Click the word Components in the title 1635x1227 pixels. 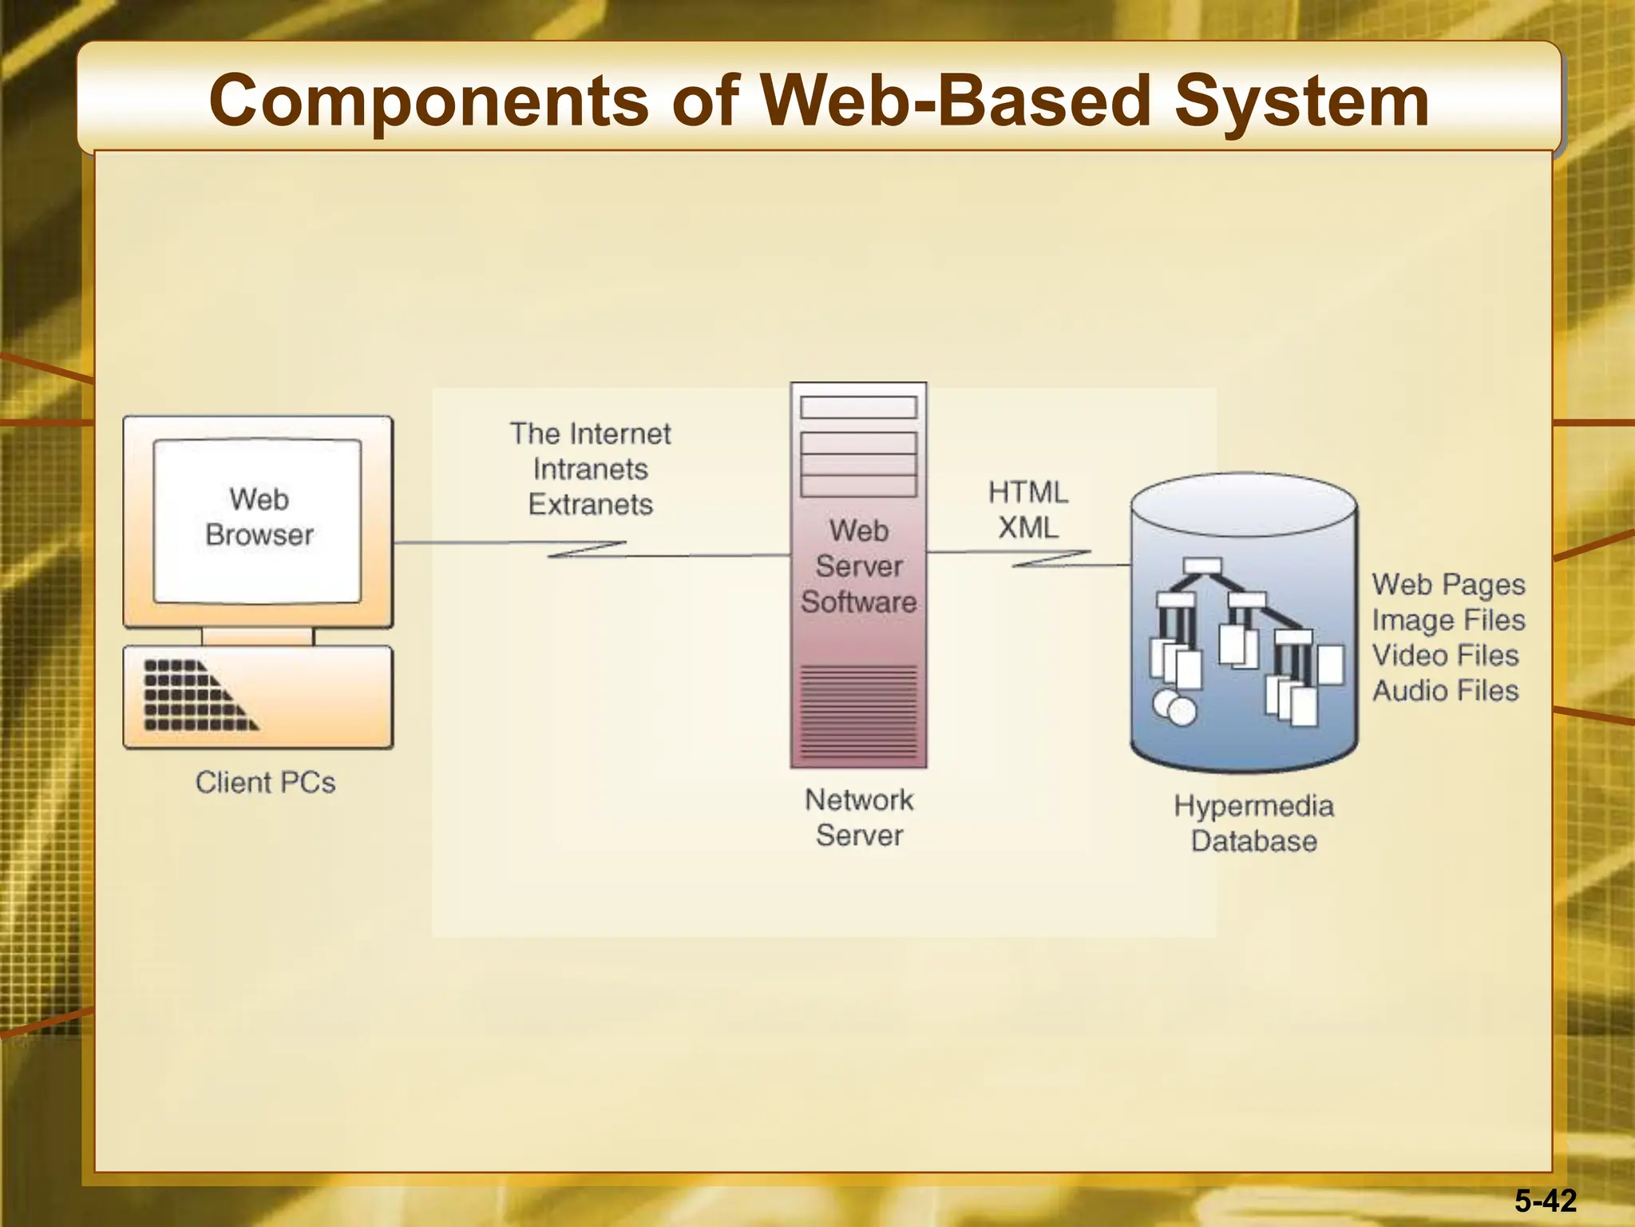[x=429, y=102]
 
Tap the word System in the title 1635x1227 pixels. [x=1301, y=102]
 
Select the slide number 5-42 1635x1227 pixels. [x=1546, y=1201]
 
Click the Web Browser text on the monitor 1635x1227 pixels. [x=259, y=517]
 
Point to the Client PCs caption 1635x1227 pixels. [x=265, y=782]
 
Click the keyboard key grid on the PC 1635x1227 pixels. [x=192, y=696]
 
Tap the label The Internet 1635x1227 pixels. [x=590, y=434]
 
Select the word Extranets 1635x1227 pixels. [x=590, y=505]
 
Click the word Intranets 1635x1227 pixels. [x=590, y=469]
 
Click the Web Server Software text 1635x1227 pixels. [x=859, y=566]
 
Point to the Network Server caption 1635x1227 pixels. [x=859, y=817]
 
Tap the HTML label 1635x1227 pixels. [x=1027, y=492]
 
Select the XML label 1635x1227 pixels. [x=1027, y=528]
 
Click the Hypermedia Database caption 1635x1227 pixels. [x=1253, y=824]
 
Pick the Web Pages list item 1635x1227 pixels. [x=1448, y=585]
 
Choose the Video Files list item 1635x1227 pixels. [x=1445, y=655]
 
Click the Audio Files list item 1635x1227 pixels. [x=1445, y=690]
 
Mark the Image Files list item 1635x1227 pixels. [x=1448, y=620]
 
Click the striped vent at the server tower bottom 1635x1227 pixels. [x=859, y=711]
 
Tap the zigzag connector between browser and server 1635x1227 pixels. [x=587, y=550]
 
